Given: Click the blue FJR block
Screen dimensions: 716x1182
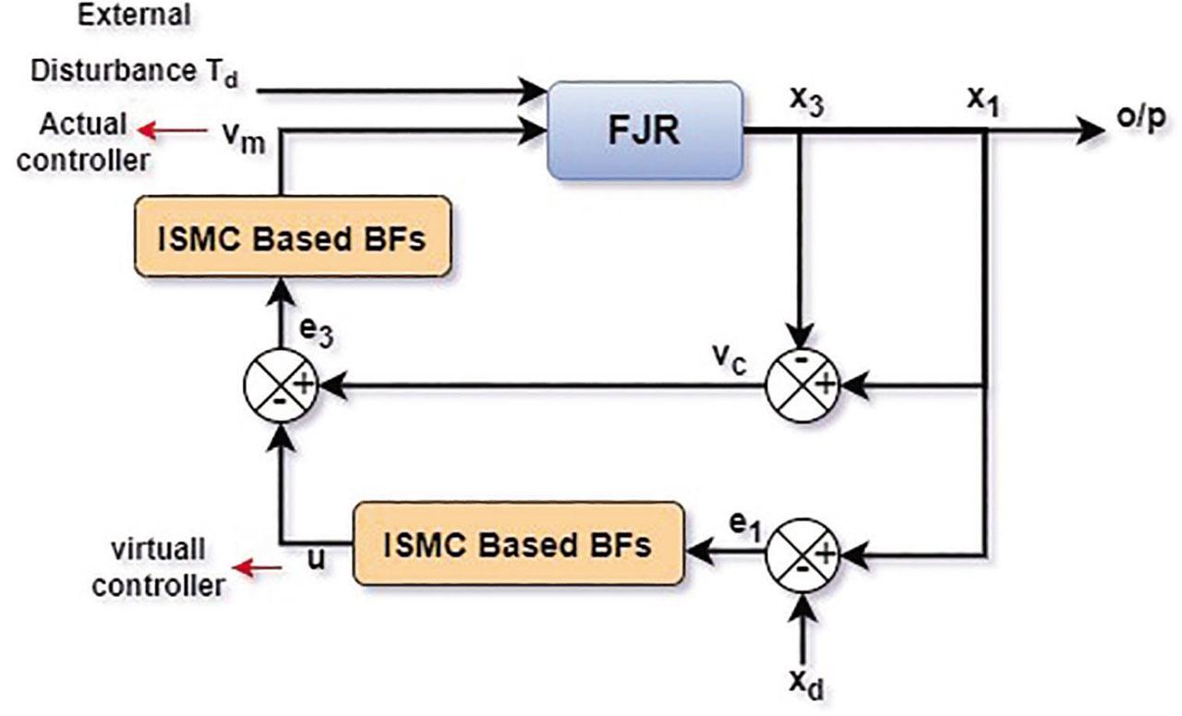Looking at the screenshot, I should pos(645,129).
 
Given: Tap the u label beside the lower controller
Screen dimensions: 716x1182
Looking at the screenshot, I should pos(316,558).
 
